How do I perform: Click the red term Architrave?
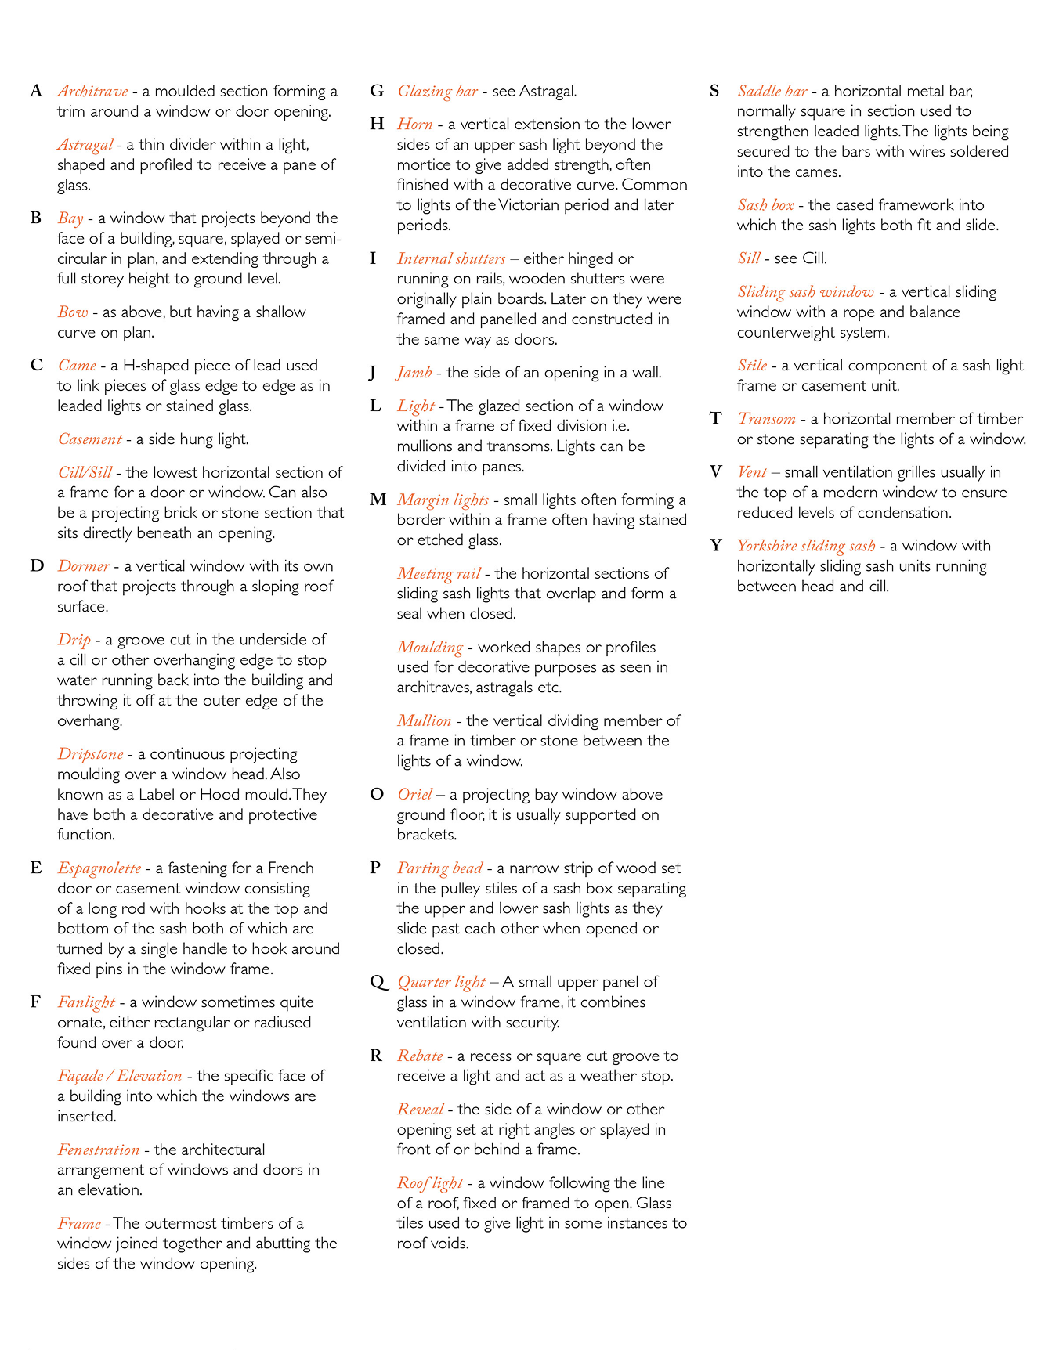[x=92, y=92]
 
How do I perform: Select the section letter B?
[x=36, y=218]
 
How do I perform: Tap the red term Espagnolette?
[x=99, y=868]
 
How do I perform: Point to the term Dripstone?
[x=90, y=754]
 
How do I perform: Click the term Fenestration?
[x=98, y=1150]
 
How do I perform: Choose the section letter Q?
[x=378, y=982]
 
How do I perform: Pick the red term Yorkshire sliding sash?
[x=805, y=546]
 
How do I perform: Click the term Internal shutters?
[x=450, y=259]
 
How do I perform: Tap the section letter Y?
[x=716, y=546]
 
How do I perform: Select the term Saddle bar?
[x=772, y=92]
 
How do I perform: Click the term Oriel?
[x=414, y=795]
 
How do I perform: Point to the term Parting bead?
[x=439, y=868]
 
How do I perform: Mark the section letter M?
[x=378, y=500]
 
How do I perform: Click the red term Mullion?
[x=424, y=721]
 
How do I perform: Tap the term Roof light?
[x=429, y=1183]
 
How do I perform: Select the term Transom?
[x=766, y=419]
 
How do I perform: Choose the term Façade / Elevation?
[x=119, y=1076]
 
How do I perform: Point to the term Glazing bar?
[x=437, y=92]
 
